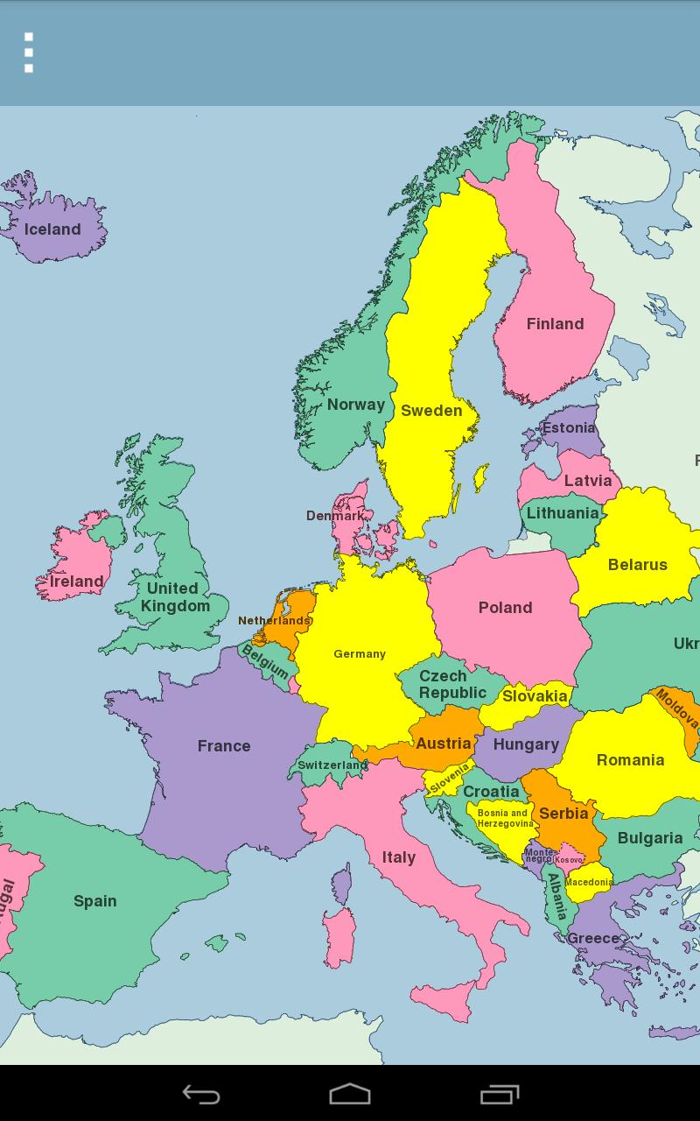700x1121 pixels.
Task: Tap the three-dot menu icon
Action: point(29,53)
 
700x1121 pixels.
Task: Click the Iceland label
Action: point(52,229)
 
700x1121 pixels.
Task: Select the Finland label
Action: point(555,324)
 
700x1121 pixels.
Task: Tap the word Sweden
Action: point(431,411)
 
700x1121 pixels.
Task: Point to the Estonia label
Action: point(569,428)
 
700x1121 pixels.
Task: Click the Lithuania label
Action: point(563,513)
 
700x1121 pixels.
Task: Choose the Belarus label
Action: point(637,565)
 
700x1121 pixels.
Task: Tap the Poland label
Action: point(505,608)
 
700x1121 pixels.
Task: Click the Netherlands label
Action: point(275,621)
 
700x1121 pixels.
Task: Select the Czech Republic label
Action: point(451,684)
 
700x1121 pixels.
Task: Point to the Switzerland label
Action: point(332,765)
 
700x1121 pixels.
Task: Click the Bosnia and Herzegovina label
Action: point(504,818)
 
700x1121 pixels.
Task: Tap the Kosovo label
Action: point(569,860)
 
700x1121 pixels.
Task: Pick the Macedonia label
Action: point(588,882)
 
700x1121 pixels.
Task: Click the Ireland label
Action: point(76,582)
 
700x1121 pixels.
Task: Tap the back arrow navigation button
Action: point(200,1094)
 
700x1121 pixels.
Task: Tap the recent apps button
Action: point(500,1094)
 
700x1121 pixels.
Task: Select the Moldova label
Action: point(677,709)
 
